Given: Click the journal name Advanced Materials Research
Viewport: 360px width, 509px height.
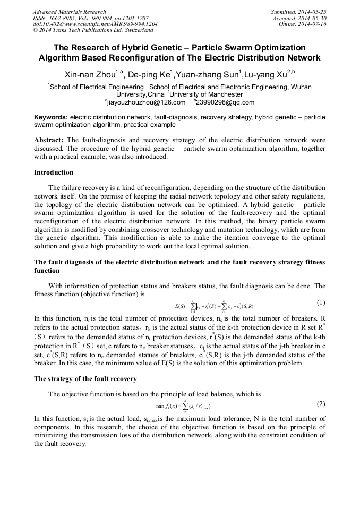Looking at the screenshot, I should pos(69,12).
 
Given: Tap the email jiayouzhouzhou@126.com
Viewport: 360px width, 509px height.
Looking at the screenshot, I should pos(146,102).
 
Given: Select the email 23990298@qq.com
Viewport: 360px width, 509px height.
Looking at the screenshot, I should pos(225,102).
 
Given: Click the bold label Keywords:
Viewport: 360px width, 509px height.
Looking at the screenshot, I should pos(51,117).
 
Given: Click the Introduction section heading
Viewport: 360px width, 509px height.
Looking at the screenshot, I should pos(54,172).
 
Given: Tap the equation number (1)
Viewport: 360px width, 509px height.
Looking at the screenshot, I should pos(321,303).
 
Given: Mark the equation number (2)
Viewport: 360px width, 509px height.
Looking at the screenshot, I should pos(321,404).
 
